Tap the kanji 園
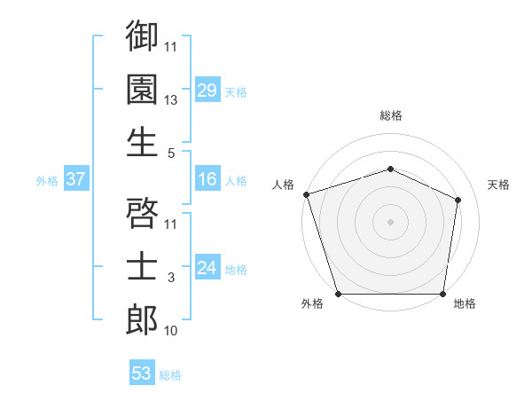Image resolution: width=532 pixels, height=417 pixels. pyautogui.click(x=142, y=89)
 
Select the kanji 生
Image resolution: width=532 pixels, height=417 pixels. pyautogui.click(x=142, y=142)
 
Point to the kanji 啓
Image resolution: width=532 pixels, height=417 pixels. pyautogui.click(x=142, y=213)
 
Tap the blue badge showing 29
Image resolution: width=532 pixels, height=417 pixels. pyautogui.click(x=207, y=90)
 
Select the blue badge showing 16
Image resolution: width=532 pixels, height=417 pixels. pyautogui.click(x=207, y=180)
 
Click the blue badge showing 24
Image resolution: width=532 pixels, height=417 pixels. pyautogui.click(x=207, y=269)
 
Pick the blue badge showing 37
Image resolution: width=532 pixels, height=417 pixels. pyautogui.click(x=75, y=180)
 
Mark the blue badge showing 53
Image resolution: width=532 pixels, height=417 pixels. pyautogui.click(x=142, y=374)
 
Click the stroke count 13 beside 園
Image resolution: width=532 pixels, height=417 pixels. pyautogui.click(x=171, y=100)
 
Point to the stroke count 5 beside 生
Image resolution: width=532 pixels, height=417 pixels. pyautogui.click(x=171, y=153)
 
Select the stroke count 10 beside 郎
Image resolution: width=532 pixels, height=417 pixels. pyautogui.click(x=171, y=331)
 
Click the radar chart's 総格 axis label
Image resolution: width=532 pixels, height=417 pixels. pyautogui.click(x=390, y=115)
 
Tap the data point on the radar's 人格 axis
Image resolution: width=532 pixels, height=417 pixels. pyautogui.click(x=306, y=194)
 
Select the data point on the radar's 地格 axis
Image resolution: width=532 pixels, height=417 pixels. pyautogui.click(x=442, y=294)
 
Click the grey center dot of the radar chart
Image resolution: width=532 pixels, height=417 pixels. pyautogui.click(x=390, y=222)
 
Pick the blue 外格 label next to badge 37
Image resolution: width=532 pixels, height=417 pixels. pyautogui.click(x=47, y=181)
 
